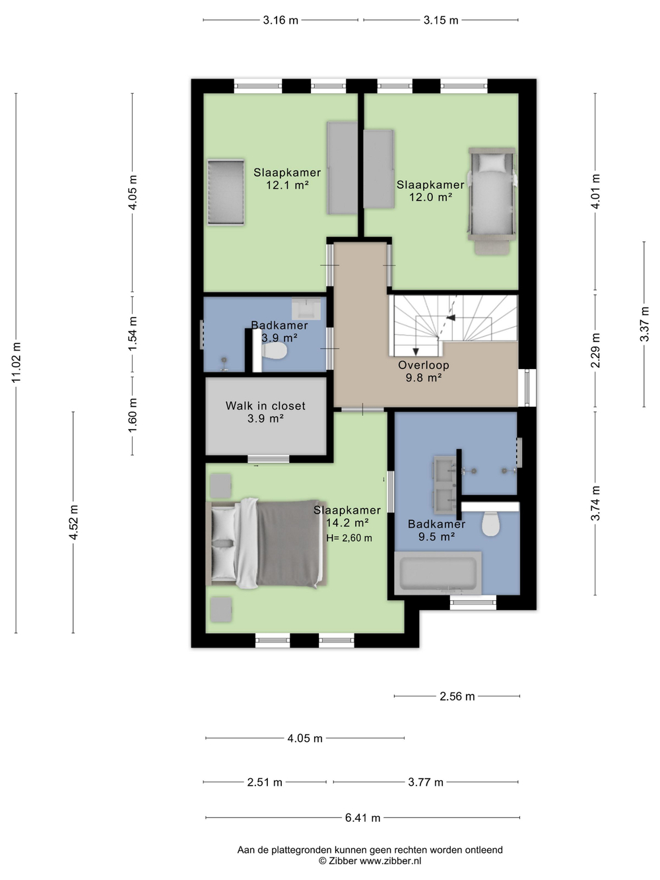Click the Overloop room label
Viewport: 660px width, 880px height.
click(x=423, y=365)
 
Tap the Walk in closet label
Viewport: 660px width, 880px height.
click(x=265, y=406)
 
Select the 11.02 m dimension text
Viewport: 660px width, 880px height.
click(x=16, y=362)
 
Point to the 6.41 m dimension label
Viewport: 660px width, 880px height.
click(x=362, y=817)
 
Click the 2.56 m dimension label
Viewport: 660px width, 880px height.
click(x=457, y=696)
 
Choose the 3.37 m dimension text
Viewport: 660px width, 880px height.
click(x=644, y=324)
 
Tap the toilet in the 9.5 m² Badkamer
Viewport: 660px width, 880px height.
click(x=490, y=524)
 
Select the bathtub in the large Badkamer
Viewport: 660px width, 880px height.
click(x=438, y=573)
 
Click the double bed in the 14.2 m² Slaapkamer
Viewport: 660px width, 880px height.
click(x=266, y=543)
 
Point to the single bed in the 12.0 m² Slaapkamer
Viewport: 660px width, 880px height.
click(x=492, y=201)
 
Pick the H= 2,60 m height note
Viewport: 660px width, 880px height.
click(x=349, y=538)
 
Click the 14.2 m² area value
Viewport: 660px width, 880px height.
click(x=347, y=523)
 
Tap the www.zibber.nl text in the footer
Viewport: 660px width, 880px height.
click(x=390, y=860)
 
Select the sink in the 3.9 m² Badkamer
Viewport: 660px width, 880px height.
click(x=306, y=309)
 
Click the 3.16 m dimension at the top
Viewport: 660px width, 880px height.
click(x=280, y=20)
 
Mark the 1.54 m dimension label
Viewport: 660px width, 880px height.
click(x=132, y=333)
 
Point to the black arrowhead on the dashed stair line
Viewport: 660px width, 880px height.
click(x=451, y=318)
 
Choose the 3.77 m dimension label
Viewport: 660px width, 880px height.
click(x=426, y=782)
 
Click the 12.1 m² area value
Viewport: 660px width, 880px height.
click(x=287, y=186)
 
